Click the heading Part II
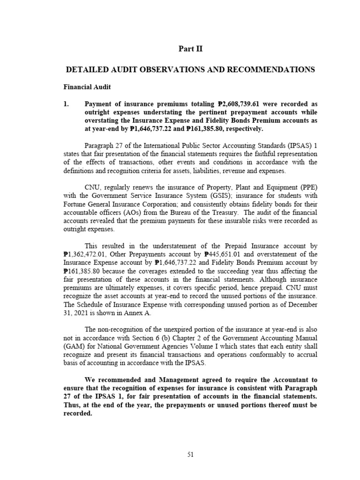(190, 48)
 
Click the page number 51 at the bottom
(190, 454)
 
